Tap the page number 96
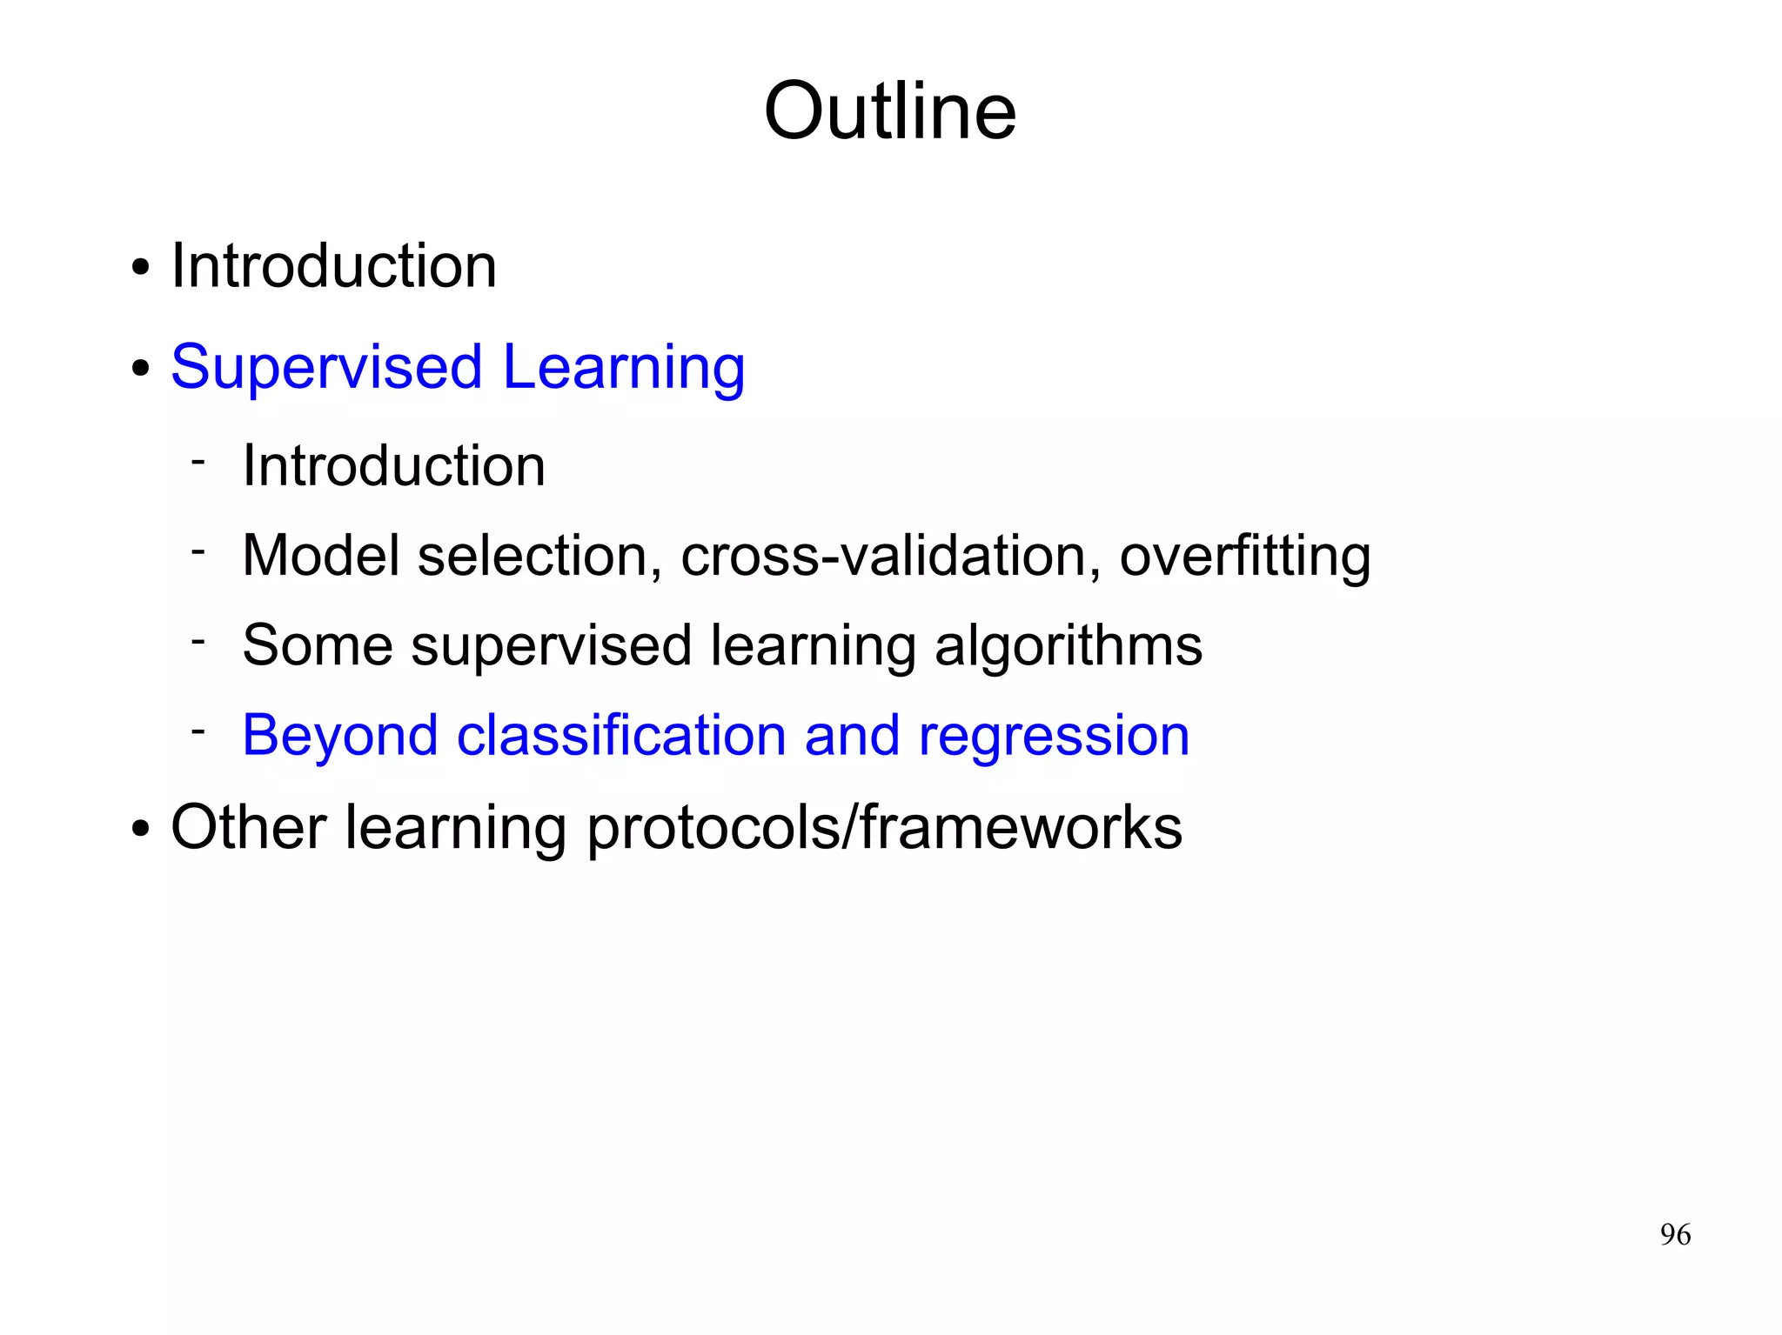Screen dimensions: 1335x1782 tap(1675, 1234)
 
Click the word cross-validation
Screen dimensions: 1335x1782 tap(884, 556)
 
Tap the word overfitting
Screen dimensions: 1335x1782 tap(1244, 557)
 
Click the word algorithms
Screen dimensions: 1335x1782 tap(1068, 647)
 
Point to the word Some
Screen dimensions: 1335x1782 tap(318, 645)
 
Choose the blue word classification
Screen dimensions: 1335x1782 tap(621, 735)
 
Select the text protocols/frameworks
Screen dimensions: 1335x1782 tap(884, 828)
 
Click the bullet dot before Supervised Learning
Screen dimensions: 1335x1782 tap(140, 369)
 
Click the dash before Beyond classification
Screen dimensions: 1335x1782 tap(198, 730)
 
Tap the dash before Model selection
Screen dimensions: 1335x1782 tap(198, 551)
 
